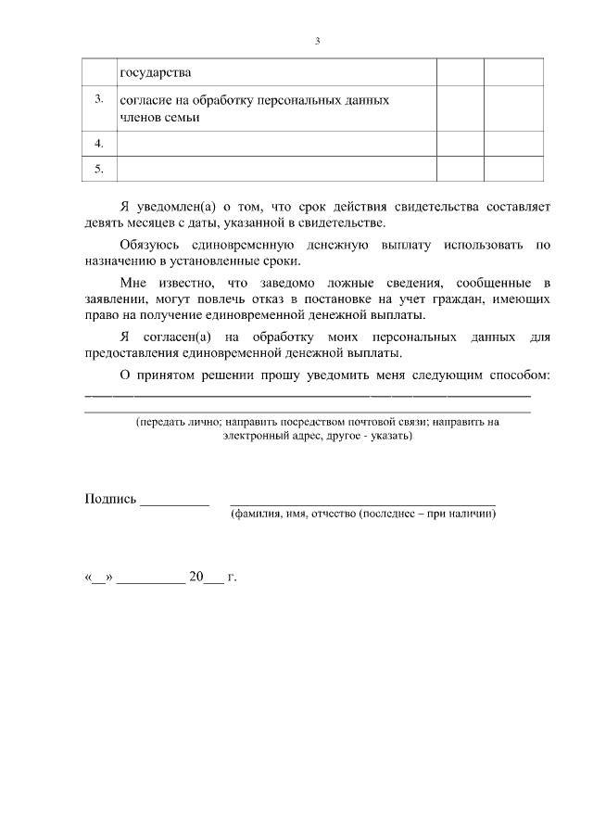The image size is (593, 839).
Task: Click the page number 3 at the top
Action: click(318, 41)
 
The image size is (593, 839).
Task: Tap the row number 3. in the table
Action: click(99, 99)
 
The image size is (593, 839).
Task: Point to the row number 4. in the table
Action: click(99, 144)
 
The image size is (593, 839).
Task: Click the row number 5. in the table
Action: click(99, 168)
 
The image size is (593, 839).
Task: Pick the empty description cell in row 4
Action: click(276, 144)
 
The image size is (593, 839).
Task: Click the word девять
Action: click(106, 223)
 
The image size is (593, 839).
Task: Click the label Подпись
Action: click(110, 500)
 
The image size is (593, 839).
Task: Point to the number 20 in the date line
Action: click(196, 577)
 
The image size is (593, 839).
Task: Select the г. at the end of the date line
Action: click(232, 577)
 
